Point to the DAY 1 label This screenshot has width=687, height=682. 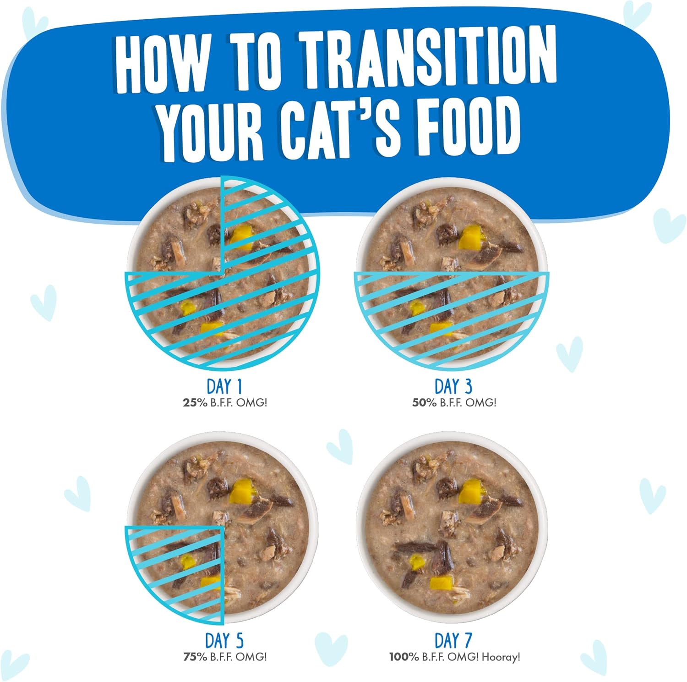point(224,386)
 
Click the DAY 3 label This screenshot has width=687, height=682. point(453,386)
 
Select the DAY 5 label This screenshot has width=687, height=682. point(224,640)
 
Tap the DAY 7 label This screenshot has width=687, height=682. point(453,640)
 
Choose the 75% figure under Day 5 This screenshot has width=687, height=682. point(195,657)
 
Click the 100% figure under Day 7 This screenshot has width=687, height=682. point(404,657)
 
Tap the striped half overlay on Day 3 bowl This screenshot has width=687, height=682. point(452,316)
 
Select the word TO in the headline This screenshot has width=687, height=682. point(255,60)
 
